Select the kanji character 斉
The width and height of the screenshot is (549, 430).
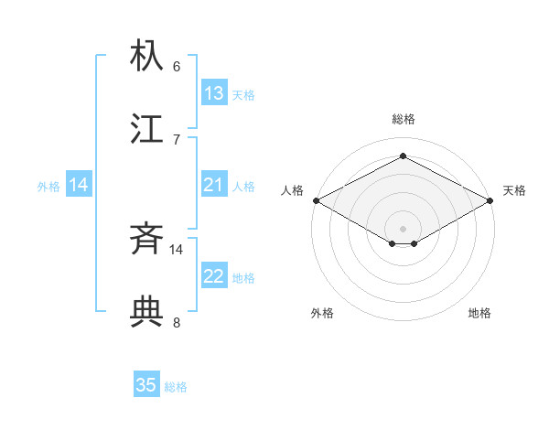coord(147,241)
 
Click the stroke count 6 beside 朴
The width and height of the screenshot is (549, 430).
coord(177,66)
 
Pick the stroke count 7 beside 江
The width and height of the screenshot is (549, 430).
coord(177,139)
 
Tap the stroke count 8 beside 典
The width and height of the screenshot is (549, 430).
coord(177,322)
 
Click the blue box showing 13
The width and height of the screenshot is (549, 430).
coord(214,93)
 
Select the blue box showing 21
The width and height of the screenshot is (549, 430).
coord(214,185)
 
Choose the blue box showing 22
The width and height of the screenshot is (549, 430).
coord(214,276)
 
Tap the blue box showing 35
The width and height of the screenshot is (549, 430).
coord(146,385)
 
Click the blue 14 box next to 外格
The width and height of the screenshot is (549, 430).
coord(79,185)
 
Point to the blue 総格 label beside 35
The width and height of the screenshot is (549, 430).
coord(176,387)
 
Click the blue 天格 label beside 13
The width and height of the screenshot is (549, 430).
coord(243,95)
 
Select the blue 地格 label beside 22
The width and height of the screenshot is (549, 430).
coord(243,278)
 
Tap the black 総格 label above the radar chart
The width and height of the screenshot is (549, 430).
coord(404,119)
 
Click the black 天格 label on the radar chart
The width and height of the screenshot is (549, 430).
coord(514,190)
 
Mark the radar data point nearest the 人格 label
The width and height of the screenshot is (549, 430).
coord(316,200)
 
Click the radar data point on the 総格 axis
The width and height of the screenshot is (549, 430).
coord(403,156)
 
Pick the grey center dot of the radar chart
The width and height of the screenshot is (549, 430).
coord(403,228)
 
